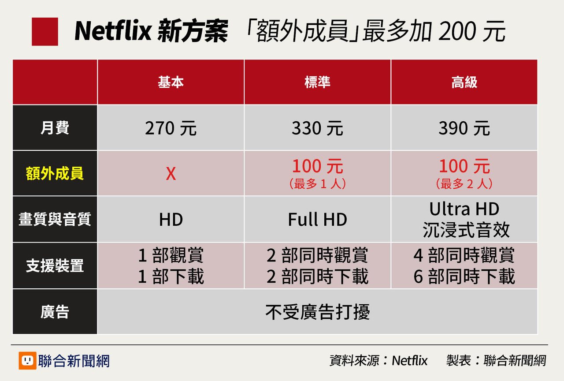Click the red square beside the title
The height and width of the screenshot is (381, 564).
tap(45, 32)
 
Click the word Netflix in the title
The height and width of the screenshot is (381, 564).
tap(112, 32)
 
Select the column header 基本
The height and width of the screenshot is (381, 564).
tap(171, 82)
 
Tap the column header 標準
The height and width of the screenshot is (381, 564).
tap(317, 82)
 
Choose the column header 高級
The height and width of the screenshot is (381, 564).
tap(464, 82)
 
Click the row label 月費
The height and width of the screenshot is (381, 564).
tap(55, 128)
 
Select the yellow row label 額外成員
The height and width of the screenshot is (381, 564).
tap(55, 174)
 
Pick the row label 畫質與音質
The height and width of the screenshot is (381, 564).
tap(55, 220)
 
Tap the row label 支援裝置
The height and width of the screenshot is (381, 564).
tap(55, 266)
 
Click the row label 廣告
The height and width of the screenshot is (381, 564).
tap(55, 312)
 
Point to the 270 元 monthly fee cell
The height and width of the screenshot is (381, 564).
tap(171, 128)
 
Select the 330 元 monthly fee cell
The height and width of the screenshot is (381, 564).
tap(317, 128)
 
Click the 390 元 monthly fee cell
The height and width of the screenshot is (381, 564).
tap(464, 128)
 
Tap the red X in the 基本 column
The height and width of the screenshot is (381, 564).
tap(171, 174)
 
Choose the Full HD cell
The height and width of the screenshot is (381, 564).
tap(317, 220)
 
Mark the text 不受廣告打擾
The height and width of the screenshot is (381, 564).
tap(317, 312)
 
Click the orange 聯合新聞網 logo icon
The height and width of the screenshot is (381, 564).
tap(27, 361)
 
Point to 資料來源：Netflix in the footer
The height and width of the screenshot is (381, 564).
tap(378, 361)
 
